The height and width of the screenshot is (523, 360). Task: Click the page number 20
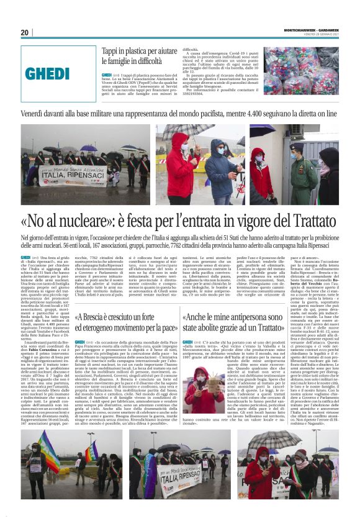click(x=25, y=32)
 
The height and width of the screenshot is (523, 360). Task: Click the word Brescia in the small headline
click(x=94, y=316)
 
